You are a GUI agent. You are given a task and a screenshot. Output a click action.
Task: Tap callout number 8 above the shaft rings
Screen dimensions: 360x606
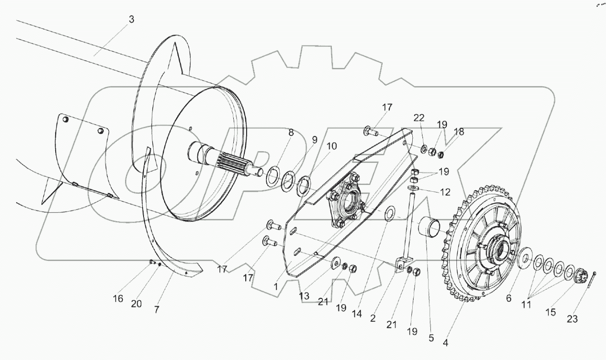tap(291, 133)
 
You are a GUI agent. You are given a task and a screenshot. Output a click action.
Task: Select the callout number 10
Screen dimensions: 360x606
tap(332, 147)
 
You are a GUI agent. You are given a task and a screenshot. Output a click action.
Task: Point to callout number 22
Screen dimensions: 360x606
tap(419, 118)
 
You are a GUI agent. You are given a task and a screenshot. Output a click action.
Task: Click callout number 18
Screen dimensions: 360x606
tap(459, 132)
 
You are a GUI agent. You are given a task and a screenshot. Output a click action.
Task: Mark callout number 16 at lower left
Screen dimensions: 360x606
tap(118, 298)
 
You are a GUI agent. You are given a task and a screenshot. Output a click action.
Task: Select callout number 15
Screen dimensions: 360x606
tap(550, 312)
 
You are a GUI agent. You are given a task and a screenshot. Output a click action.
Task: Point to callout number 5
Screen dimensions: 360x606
tap(431, 337)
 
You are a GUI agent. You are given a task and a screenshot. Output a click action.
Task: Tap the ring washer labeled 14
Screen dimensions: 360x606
tap(389, 213)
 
